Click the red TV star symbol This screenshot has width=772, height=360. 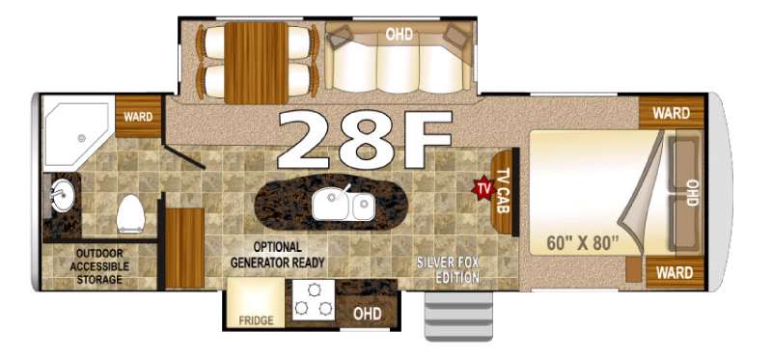[483, 187]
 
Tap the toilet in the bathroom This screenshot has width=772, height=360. [131, 213]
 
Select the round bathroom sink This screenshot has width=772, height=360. [62, 195]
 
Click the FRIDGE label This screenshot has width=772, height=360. [256, 320]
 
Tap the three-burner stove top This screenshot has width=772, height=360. [313, 300]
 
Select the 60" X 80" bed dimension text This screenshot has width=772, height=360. [583, 243]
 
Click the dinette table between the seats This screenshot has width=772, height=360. [256, 63]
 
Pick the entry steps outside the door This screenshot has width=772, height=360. [458, 316]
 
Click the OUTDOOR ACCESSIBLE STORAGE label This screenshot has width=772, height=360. [99, 266]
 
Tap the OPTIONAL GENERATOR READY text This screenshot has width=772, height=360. [278, 255]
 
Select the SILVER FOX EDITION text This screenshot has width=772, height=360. [448, 269]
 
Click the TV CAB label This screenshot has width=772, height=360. [502, 191]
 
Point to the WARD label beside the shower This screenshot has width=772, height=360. [138, 117]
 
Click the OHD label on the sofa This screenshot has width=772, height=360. [399, 35]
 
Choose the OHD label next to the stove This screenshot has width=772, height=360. [368, 314]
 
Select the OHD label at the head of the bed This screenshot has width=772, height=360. [692, 193]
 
